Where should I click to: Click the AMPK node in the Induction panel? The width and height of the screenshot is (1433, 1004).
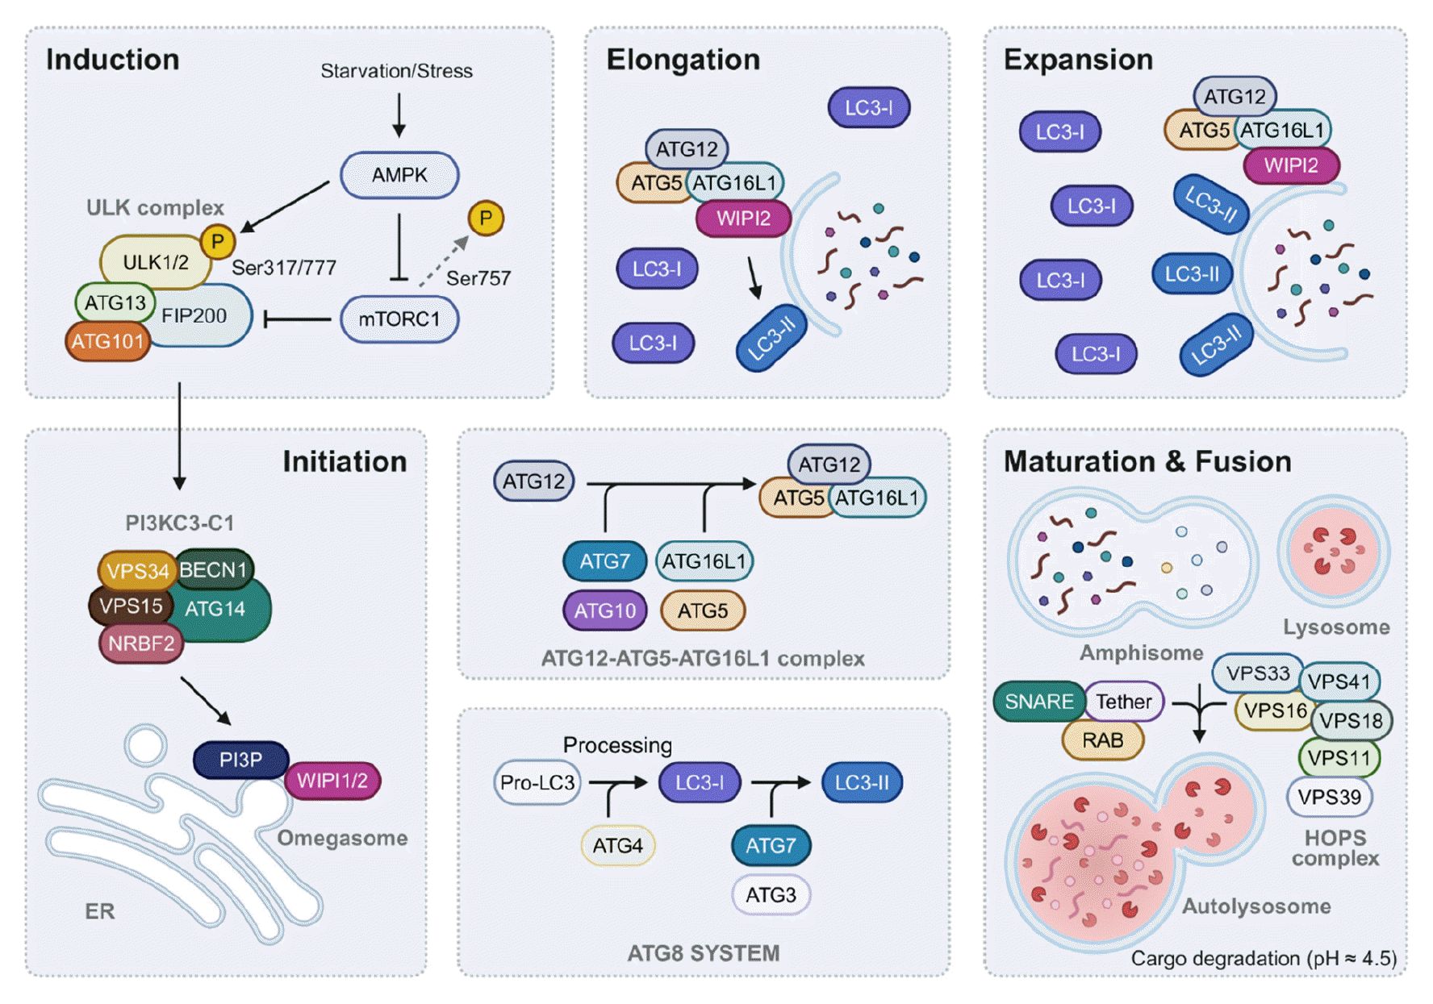pos(399,175)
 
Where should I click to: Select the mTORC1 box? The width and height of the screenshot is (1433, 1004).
pos(399,319)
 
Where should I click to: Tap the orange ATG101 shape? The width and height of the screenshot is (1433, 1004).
pos(107,342)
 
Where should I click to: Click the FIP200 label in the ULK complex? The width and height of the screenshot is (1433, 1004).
pos(194,316)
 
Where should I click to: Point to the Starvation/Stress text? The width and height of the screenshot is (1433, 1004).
pos(396,71)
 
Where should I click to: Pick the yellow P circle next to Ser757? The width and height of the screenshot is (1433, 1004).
pos(486,218)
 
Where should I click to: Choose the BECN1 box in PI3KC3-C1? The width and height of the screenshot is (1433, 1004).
pos(213,570)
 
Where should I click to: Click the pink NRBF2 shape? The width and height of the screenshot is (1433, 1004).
pos(141,644)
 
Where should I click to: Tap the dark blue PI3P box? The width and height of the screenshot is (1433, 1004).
pos(240,760)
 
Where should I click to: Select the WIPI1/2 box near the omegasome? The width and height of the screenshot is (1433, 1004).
pos(332,781)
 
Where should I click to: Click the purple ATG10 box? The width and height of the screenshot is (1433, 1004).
pos(605,610)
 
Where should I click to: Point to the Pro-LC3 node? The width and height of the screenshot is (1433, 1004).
pos(537,782)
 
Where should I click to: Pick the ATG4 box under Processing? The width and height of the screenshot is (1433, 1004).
pos(617,846)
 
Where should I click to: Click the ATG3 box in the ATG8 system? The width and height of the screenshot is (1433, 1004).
pos(771,895)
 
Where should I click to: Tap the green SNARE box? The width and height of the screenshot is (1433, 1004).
pos(1039,702)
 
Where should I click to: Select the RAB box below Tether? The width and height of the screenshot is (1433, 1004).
pos(1102,740)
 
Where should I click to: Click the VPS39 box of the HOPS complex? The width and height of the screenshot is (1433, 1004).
pos(1329,797)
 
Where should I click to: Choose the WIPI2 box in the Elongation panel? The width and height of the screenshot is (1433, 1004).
pos(743,219)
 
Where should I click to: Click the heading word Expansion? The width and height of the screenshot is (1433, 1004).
pos(1078,60)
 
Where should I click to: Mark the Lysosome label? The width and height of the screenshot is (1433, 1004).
pos(1336,627)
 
